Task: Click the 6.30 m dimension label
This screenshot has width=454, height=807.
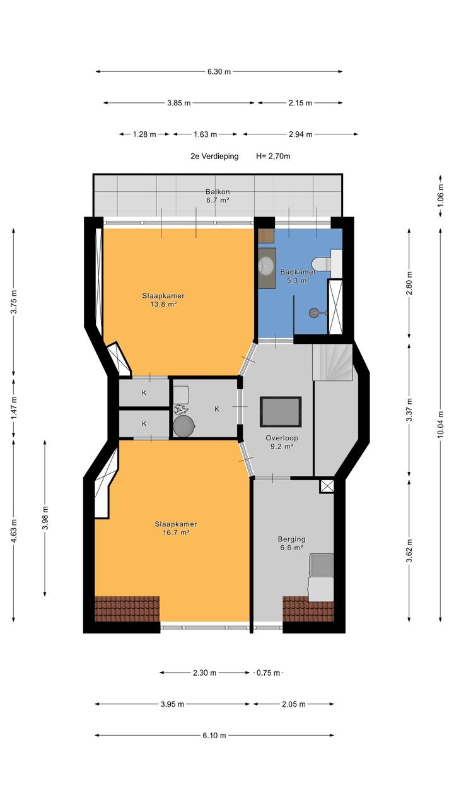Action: tap(219, 72)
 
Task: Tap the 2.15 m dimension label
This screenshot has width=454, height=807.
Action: tap(300, 103)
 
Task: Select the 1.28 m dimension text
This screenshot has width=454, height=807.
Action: tap(144, 134)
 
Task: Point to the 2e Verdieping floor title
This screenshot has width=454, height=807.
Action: tap(214, 156)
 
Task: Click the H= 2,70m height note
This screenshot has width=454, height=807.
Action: tap(273, 156)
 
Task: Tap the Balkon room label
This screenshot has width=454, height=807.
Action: tap(218, 192)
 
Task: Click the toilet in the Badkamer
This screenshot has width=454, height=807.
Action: tap(322, 263)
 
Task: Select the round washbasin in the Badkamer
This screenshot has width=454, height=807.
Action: tap(266, 265)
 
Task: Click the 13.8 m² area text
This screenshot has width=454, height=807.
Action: tap(163, 304)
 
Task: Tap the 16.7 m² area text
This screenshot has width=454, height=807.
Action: tap(176, 533)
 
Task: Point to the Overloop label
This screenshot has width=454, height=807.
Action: tap(282, 438)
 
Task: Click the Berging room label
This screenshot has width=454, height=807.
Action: tap(291, 539)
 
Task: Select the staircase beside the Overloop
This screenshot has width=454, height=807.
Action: tap(332, 362)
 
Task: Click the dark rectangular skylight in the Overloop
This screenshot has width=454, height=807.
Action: tap(281, 412)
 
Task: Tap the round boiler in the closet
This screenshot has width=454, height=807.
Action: tap(183, 426)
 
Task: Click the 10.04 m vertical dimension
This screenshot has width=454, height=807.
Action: tap(441, 425)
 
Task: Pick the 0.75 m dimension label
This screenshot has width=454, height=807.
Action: tap(268, 673)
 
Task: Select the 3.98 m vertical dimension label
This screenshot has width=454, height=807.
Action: tap(45, 518)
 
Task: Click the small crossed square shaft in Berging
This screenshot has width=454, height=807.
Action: tap(327, 486)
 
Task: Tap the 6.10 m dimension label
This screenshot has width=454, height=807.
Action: tap(214, 735)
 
